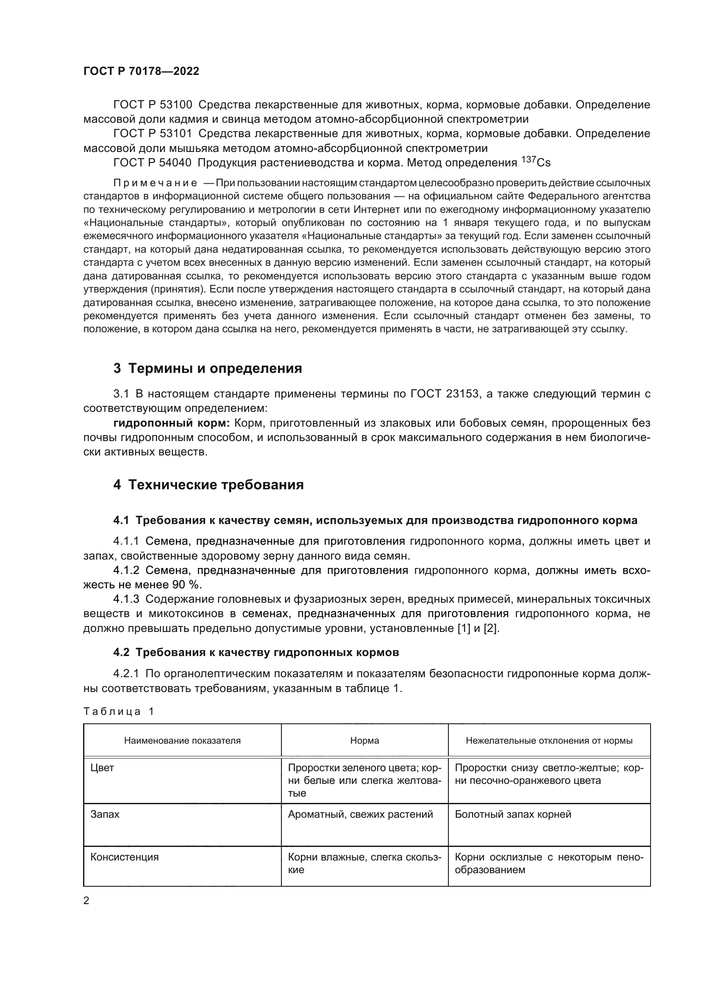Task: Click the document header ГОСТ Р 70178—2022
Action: tap(141, 72)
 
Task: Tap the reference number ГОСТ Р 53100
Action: tap(153, 105)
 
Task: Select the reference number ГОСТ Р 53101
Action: tap(153, 134)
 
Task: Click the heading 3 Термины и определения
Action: tap(208, 369)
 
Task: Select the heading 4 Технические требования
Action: tap(209, 485)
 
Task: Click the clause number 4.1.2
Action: tap(126, 571)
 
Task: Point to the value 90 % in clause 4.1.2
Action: tap(187, 585)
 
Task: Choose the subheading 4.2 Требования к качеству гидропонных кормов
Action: tap(256, 652)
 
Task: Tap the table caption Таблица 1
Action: tap(119, 712)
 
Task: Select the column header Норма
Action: tap(364, 741)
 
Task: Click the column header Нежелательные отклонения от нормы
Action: tap(549, 741)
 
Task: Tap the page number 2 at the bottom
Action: tap(86, 901)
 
